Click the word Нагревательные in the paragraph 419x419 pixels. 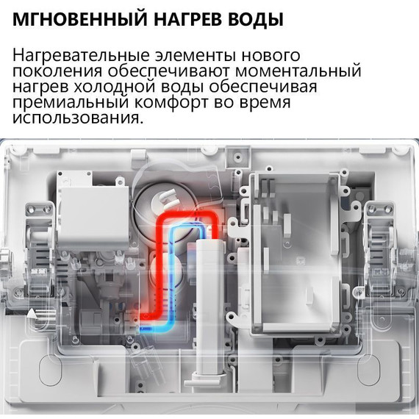[82, 56]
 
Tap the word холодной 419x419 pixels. [107, 88]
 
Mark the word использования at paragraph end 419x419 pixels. [76, 119]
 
